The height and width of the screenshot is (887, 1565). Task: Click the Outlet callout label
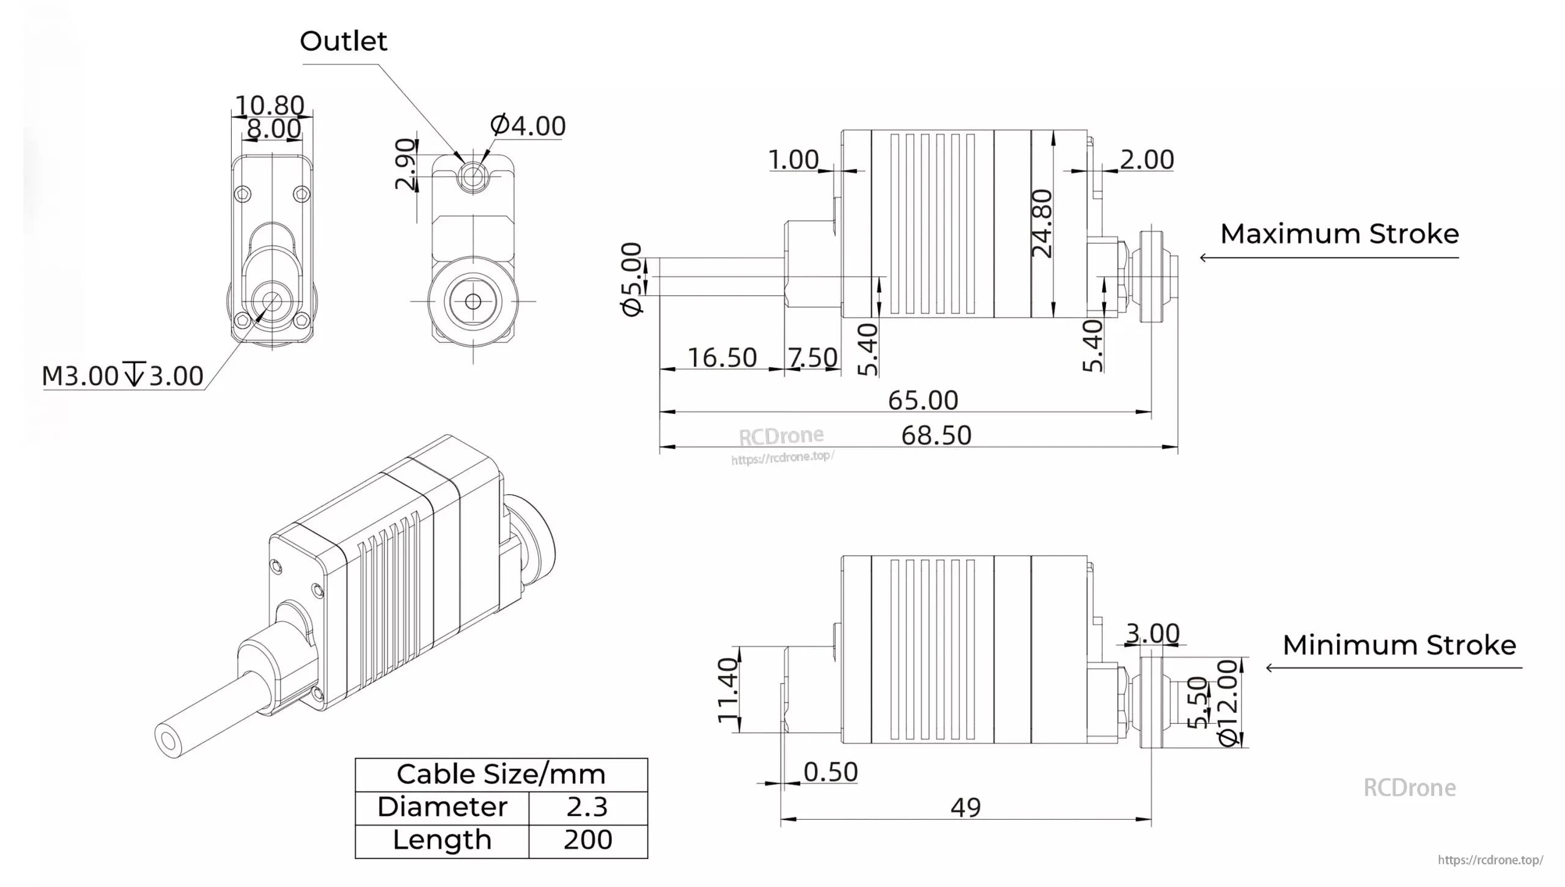pyautogui.click(x=343, y=42)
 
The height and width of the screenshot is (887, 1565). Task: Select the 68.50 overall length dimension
pyautogui.click(x=936, y=436)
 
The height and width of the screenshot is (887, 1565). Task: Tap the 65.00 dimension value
pyautogui.click(x=922, y=401)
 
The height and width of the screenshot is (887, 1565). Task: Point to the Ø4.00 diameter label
pyautogui.click(x=528, y=126)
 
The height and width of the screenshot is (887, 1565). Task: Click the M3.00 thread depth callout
pyautogui.click(x=122, y=376)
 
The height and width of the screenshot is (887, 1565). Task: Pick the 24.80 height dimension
pyautogui.click(x=1042, y=223)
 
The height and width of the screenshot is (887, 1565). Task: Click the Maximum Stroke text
pyautogui.click(x=1339, y=234)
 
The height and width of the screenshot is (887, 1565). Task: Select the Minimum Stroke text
pyautogui.click(x=1399, y=646)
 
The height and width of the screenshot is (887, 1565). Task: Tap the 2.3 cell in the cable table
pyautogui.click(x=587, y=808)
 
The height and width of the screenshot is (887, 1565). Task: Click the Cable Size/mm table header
pyautogui.click(x=501, y=775)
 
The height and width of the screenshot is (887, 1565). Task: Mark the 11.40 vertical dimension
pyautogui.click(x=728, y=690)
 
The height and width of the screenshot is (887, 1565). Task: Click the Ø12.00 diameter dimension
pyautogui.click(x=1228, y=702)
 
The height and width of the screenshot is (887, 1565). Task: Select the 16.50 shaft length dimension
pyautogui.click(x=722, y=358)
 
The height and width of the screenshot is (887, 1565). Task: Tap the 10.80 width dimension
pyautogui.click(x=270, y=106)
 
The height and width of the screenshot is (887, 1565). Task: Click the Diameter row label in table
pyautogui.click(x=442, y=808)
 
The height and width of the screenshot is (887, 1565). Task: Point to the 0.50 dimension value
pyautogui.click(x=830, y=773)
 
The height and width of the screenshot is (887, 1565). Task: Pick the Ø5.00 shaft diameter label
pyautogui.click(x=632, y=279)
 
